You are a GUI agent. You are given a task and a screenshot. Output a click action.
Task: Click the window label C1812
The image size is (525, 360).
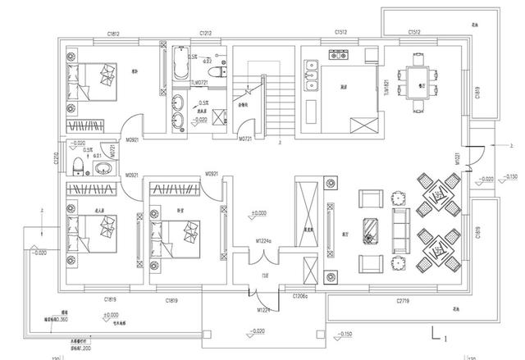(x=114, y=33)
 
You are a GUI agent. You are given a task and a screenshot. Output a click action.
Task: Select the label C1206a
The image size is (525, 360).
(x=301, y=294)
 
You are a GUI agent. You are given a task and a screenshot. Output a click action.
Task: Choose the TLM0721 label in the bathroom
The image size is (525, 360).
(x=199, y=83)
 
